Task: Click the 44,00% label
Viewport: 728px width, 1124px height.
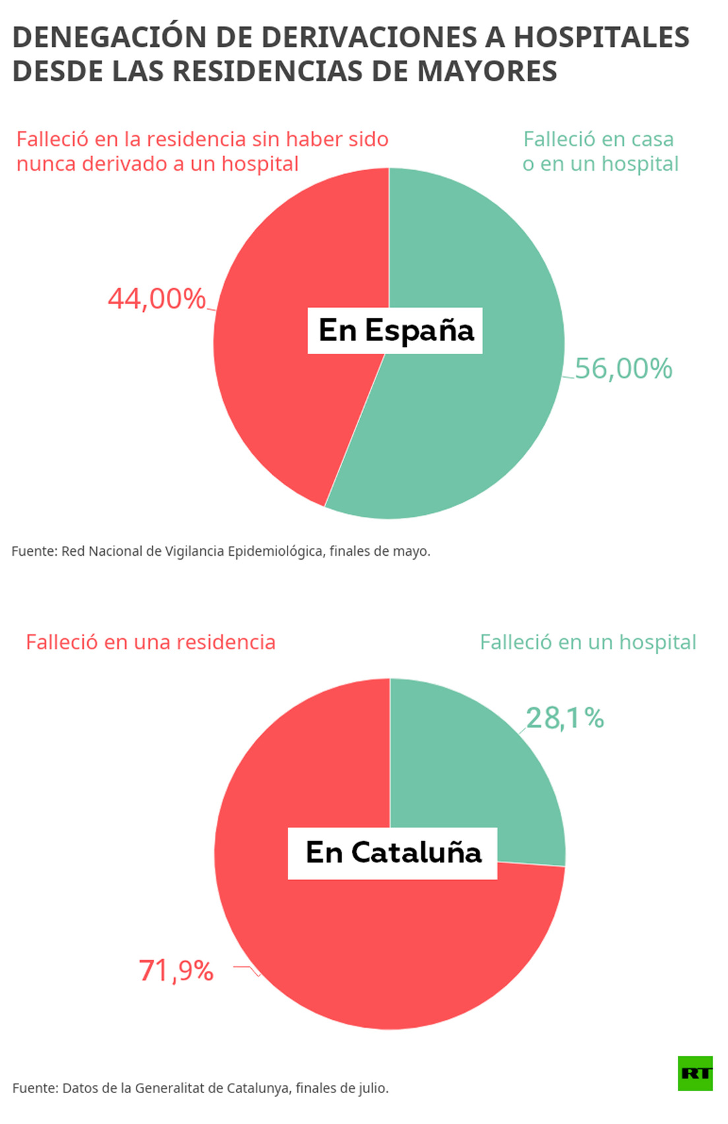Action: (157, 299)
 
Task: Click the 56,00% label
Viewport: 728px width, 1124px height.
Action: (623, 369)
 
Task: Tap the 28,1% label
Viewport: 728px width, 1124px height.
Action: (565, 718)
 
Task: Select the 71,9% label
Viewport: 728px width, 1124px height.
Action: (176, 970)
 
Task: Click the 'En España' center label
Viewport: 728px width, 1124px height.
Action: (395, 330)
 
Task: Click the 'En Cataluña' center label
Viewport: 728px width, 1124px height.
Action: (393, 853)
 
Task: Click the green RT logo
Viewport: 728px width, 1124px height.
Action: (695, 1073)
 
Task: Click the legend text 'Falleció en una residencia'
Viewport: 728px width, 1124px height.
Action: (150, 642)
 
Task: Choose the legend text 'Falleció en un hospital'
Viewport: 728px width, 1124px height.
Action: (588, 642)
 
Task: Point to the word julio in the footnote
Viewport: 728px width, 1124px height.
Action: (373, 1088)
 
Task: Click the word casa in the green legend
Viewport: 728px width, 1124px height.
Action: (652, 140)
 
